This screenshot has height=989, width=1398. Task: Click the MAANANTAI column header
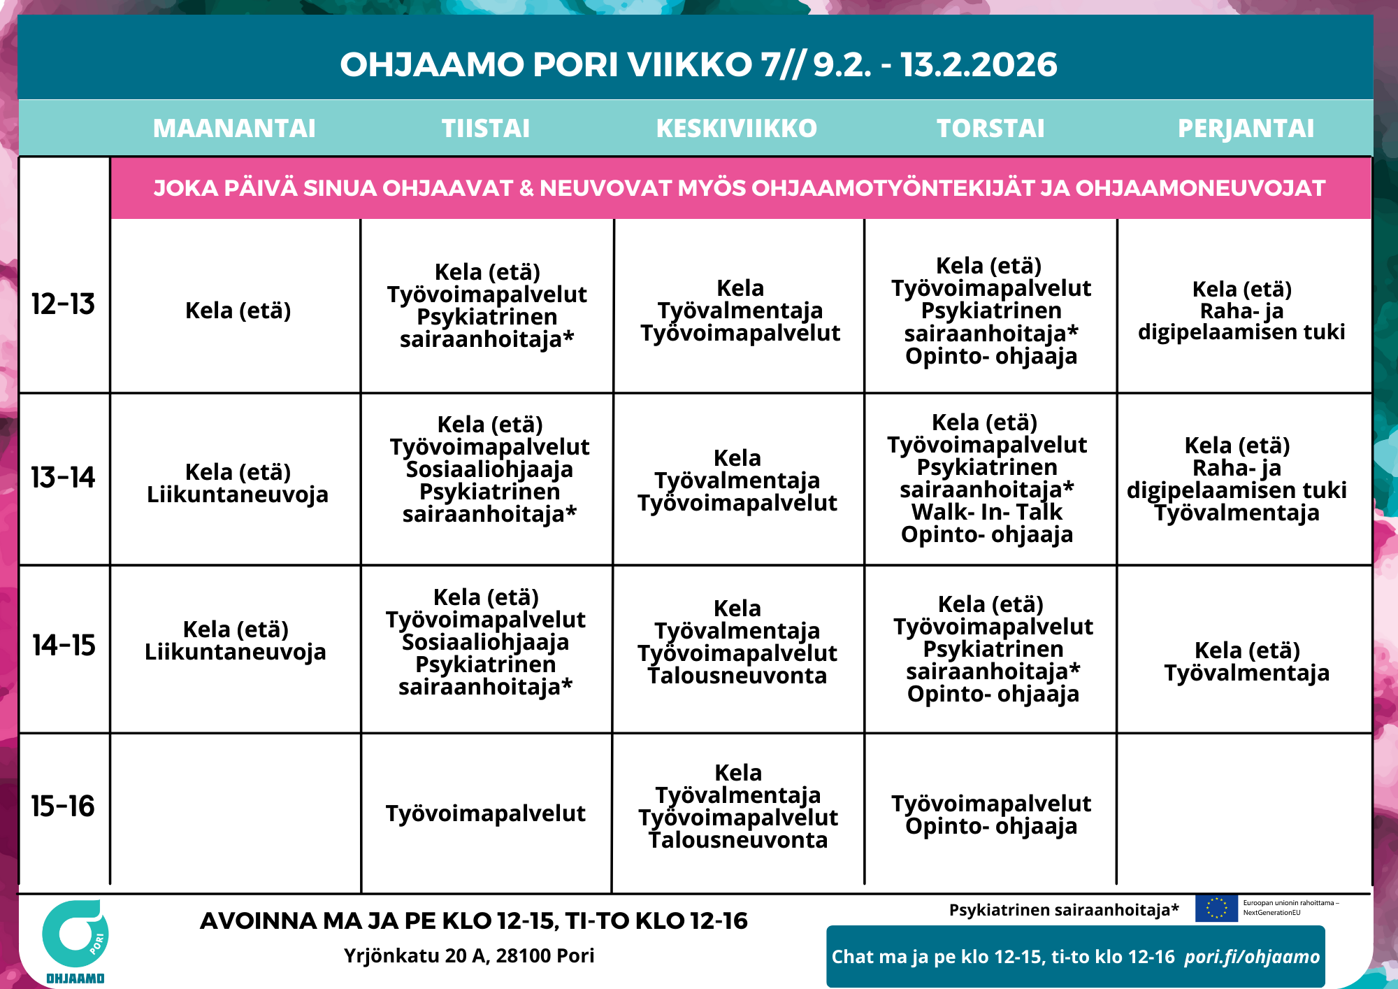pos(234,129)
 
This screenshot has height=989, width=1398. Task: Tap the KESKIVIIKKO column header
pos(737,129)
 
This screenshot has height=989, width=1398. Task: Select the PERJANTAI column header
pos(1246,129)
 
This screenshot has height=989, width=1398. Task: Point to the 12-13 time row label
pos(63,304)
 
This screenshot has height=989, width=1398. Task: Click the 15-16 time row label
pos(63,806)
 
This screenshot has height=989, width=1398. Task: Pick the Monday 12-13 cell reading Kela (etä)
pos(238,311)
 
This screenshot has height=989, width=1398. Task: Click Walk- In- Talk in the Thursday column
pos(986,512)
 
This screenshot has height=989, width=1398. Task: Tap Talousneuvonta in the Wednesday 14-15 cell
pos(737,676)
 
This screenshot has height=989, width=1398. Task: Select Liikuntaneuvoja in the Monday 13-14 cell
pos(238,494)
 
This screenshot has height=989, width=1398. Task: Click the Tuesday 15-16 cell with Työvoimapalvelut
pos(486,813)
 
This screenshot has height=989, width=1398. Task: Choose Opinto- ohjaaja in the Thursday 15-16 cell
pos(991,826)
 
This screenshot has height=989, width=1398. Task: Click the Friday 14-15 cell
pos(1247,662)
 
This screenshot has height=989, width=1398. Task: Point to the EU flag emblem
pos(1216,908)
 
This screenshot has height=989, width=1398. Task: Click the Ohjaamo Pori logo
pos(75,941)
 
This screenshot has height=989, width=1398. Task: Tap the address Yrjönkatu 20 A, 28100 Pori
pos(469,955)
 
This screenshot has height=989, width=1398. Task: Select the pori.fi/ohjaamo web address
pos(1252,957)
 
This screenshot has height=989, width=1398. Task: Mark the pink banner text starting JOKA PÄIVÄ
pos(740,188)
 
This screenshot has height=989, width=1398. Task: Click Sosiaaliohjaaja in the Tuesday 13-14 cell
pos(489,469)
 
